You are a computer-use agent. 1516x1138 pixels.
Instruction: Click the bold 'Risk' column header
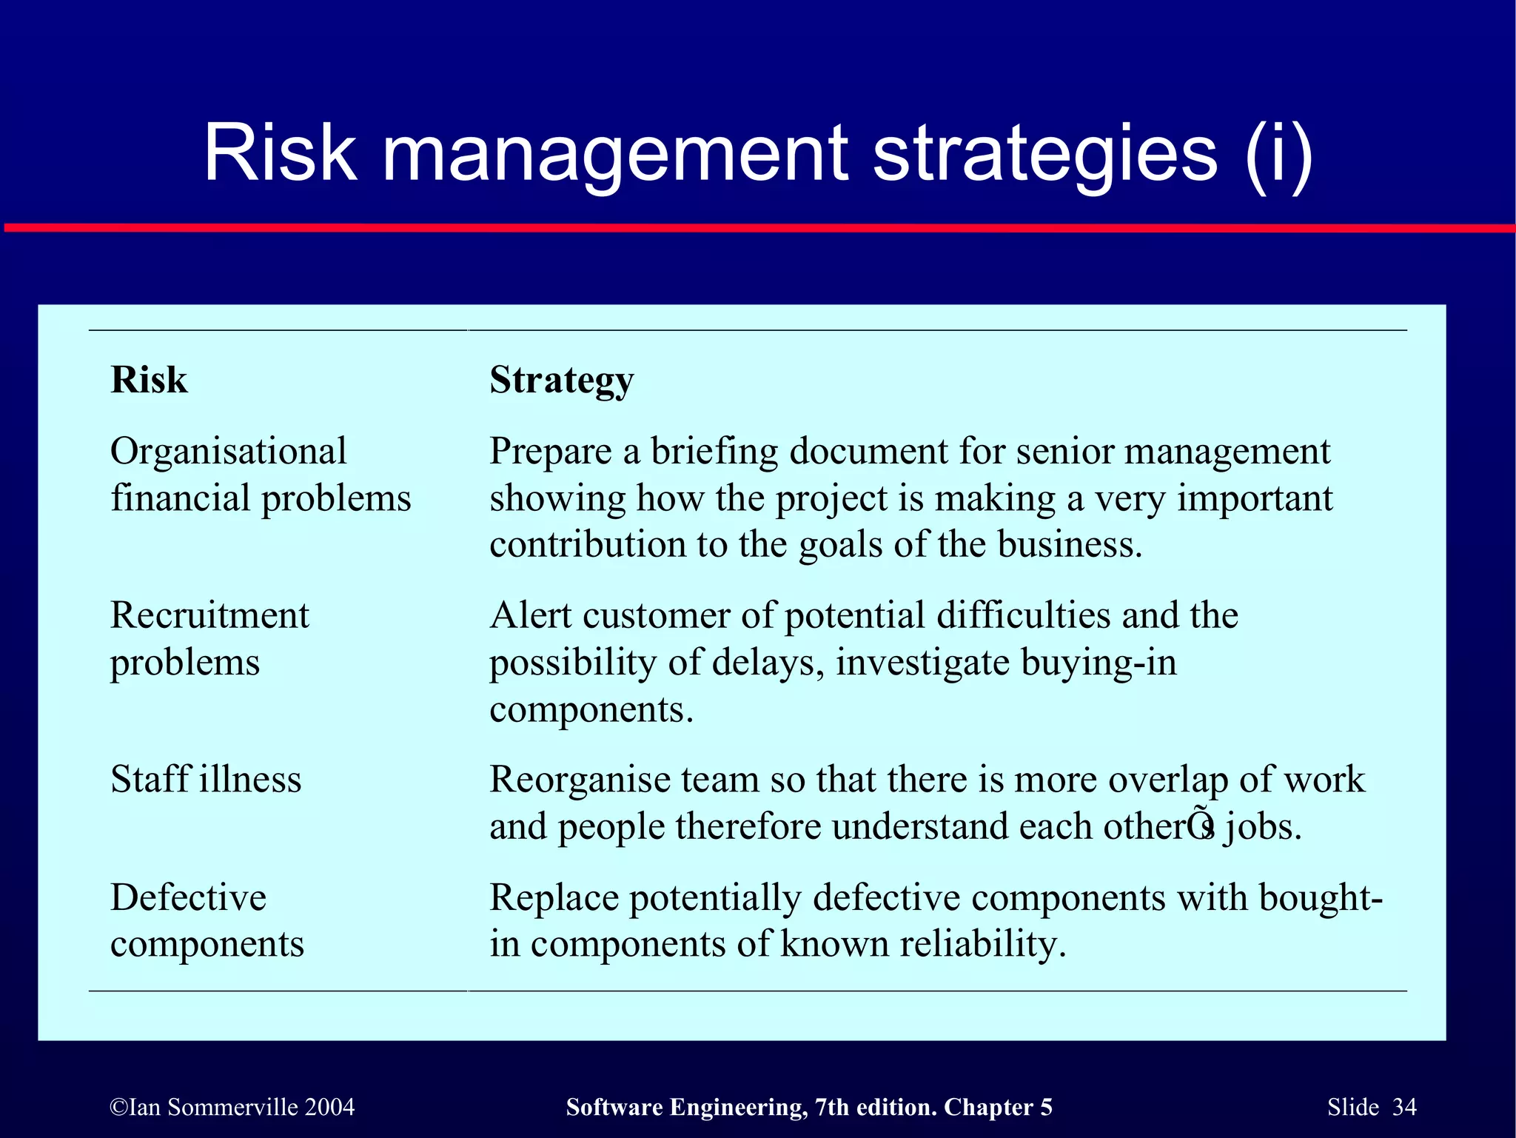pyautogui.click(x=149, y=380)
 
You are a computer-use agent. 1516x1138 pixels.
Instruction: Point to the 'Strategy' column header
pyautogui.click(x=562, y=381)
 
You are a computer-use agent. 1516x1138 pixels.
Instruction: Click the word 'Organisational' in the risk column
pyautogui.click(x=228, y=451)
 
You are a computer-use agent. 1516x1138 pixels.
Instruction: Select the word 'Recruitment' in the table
pyautogui.click(x=209, y=615)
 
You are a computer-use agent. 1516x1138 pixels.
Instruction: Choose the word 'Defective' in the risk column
pyautogui.click(x=188, y=897)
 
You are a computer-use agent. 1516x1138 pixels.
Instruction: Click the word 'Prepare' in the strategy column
pyautogui.click(x=551, y=452)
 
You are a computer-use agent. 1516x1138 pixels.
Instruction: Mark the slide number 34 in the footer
pyautogui.click(x=1404, y=1107)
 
